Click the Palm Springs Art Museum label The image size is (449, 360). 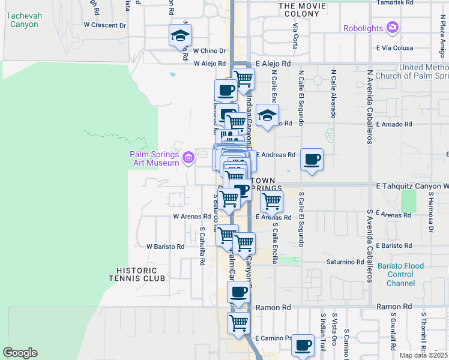(x=155, y=158)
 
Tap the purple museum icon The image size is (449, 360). (x=188, y=158)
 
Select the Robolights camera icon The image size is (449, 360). (x=393, y=28)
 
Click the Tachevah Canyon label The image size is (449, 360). (x=23, y=20)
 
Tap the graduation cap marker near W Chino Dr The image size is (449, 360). (x=179, y=37)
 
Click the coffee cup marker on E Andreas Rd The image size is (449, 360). (x=312, y=160)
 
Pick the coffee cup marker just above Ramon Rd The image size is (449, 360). (x=238, y=292)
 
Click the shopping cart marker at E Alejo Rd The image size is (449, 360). (x=243, y=79)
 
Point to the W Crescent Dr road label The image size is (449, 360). (x=105, y=25)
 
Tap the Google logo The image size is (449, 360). (x=20, y=353)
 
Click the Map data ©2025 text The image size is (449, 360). (x=423, y=355)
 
